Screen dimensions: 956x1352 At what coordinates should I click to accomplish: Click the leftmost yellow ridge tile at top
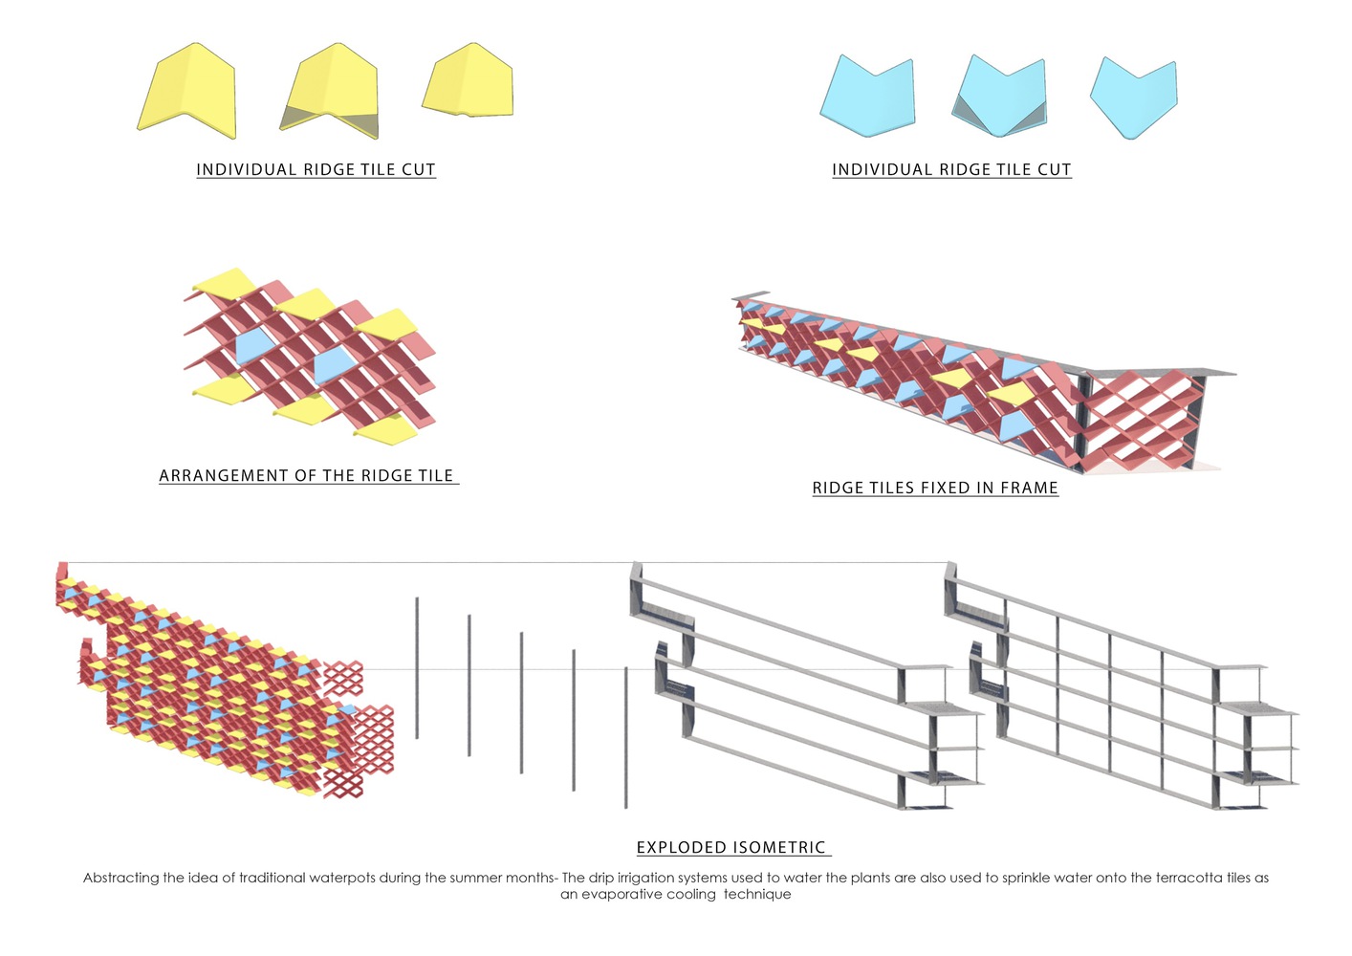coord(187,91)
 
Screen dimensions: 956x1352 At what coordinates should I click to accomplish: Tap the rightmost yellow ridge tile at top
coord(469,82)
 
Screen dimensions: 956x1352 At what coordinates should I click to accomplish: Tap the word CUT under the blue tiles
coord(1054,170)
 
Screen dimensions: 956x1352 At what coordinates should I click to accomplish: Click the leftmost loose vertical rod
coord(417,667)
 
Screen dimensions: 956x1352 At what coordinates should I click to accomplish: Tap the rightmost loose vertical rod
coord(626,737)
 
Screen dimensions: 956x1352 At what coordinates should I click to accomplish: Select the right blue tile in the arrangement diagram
coord(332,364)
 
